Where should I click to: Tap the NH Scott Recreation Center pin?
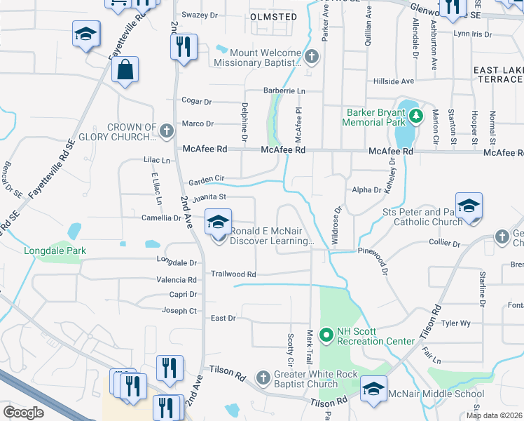pos(325,335)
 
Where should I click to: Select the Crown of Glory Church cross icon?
pos(166,131)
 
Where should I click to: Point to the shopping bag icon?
pos(125,70)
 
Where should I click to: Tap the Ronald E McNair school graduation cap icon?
pos(218,223)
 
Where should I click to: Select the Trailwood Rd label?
pos(234,274)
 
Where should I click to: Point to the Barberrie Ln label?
pos(284,91)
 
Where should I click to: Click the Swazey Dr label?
pos(201,15)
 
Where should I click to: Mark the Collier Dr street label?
pos(446,244)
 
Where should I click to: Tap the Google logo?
pos(23,413)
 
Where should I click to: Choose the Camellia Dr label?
pos(161,218)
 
